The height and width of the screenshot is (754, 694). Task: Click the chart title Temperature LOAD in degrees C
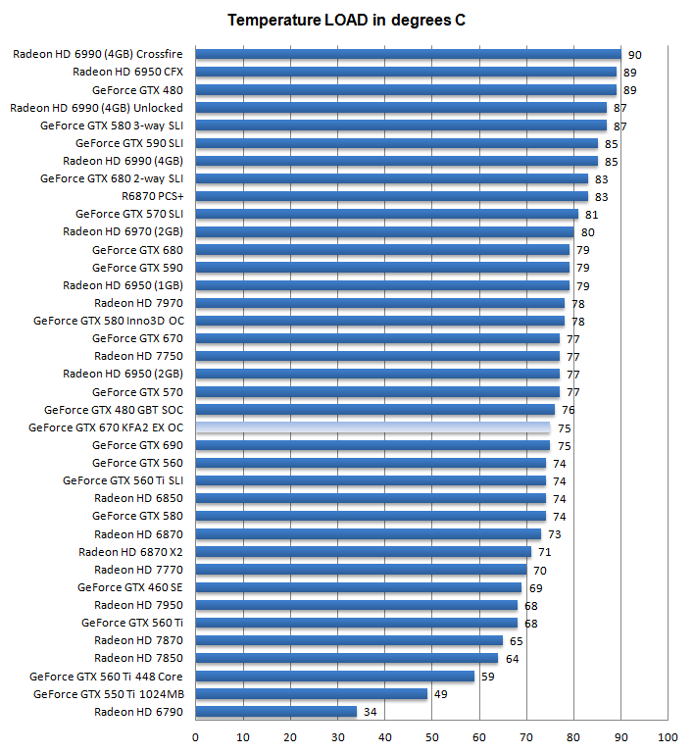point(346,20)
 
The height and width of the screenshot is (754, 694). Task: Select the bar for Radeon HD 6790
point(276,711)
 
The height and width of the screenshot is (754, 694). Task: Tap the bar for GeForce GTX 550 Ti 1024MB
point(312,693)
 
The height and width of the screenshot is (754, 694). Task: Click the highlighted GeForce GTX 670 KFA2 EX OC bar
point(372,427)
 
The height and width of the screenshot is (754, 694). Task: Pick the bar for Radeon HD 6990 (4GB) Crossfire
point(408,54)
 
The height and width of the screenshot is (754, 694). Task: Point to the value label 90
point(634,55)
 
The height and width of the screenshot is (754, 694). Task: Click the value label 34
point(370,712)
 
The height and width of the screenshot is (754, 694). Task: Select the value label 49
point(440,694)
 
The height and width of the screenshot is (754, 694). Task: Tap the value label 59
point(487,677)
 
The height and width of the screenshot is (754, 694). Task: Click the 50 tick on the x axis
point(432,737)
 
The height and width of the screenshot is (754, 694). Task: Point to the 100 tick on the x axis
point(669,737)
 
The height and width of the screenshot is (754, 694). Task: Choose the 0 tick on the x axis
point(196,737)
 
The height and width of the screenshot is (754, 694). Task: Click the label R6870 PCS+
point(152,196)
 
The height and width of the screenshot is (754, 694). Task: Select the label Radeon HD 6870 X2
point(130,552)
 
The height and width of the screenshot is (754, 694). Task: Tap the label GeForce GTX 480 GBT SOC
point(113,410)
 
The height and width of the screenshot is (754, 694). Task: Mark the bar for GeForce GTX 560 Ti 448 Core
point(335,676)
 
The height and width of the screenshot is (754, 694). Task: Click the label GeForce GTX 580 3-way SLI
point(111,126)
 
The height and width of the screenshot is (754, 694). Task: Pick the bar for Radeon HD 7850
point(347,658)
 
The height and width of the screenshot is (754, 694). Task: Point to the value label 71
point(544,552)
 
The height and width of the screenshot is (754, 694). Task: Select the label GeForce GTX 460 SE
point(129,587)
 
